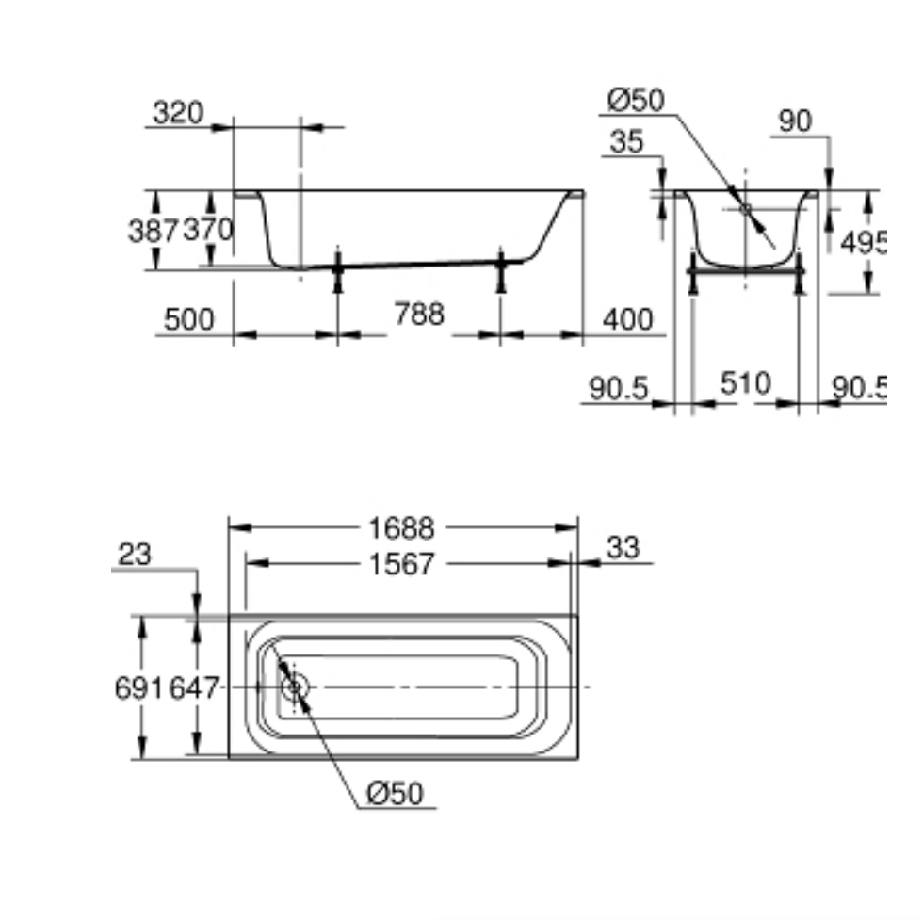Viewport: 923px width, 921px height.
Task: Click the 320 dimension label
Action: coord(178,113)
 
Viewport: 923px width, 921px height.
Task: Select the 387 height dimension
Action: coord(153,229)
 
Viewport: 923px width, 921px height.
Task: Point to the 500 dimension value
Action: coord(188,319)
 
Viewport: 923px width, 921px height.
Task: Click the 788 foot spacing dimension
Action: coord(419,314)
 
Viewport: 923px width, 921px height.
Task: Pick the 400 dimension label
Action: coord(626,319)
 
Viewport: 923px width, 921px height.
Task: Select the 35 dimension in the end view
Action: coord(626,142)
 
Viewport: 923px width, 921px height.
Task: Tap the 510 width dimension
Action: coord(745,383)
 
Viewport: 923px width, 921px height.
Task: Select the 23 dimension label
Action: coord(135,555)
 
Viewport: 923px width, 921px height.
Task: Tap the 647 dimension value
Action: coord(194,688)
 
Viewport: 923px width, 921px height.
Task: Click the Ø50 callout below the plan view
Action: coord(395,794)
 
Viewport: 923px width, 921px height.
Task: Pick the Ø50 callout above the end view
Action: coord(636,99)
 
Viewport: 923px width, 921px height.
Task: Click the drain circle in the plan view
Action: coord(295,687)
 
